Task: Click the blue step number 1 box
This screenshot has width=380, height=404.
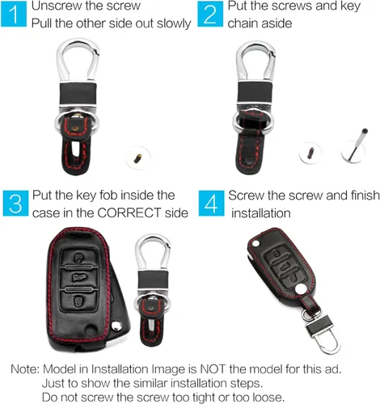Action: pos(14,14)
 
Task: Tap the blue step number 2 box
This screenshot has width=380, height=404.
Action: pos(210,14)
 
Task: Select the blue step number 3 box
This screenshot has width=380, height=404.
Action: pos(15,204)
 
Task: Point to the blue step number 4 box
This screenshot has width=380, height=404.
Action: pos(211,204)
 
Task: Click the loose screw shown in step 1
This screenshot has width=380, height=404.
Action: pos(137,158)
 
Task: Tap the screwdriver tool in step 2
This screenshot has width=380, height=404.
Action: pos(357,145)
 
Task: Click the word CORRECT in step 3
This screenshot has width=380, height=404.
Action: pos(129,213)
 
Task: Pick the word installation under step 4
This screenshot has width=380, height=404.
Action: pos(261,213)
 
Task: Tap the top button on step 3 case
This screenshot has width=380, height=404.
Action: pos(78,258)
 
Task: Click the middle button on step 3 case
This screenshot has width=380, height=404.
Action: pos(78,278)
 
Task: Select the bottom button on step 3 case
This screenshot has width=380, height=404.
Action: pos(78,301)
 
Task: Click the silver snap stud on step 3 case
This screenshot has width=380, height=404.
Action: pos(117,326)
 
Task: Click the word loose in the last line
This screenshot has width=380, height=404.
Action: pos(268,398)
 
